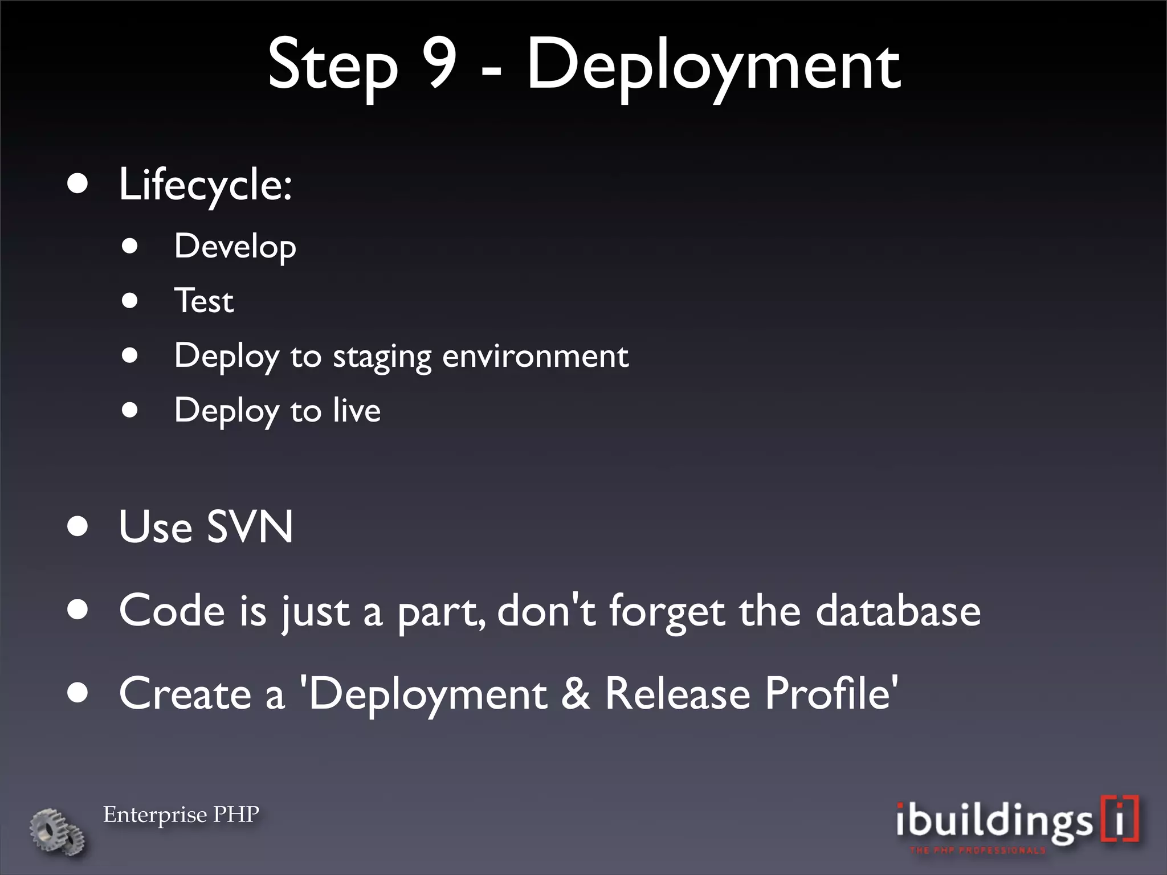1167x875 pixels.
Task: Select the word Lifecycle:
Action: tap(205, 186)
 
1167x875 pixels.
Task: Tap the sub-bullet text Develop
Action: tap(235, 247)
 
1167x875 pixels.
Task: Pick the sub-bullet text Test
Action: tap(204, 301)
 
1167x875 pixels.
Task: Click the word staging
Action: tap(382, 357)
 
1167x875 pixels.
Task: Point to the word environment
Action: tap(535, 356)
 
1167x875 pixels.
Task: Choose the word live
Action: tap(357, 410)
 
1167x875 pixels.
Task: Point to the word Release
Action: tap(678, 693)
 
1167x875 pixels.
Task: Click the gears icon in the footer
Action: tap(57, 831)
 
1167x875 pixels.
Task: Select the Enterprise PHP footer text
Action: tap(181, 815)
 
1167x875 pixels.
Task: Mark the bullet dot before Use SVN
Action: tap(77, 526)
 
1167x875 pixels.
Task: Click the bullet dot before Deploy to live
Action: tap(130, 410)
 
